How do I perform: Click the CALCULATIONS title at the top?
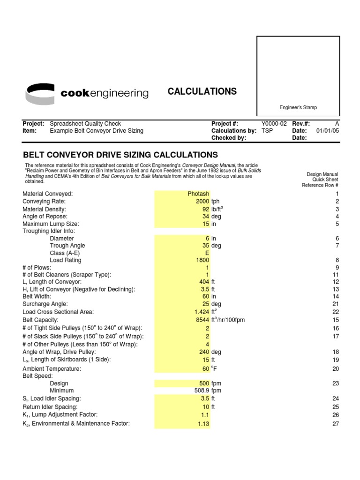[x=202, y=91]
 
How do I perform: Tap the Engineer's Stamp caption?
[x=298, y=107]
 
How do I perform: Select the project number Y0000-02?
[x=273, y=124]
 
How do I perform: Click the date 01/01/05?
[x=328, y=131]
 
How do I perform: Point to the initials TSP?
[x=267, y=131]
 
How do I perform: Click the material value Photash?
[x=198, y=194]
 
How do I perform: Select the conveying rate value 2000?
[x=202, y=201]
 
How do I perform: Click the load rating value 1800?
[x=202, y=260]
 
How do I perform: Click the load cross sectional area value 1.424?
[x=202, y=312]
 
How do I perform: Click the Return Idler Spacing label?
[x=50, y=407]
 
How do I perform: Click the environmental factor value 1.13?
[x=203, y=424]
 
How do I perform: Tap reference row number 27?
[x=335, y=424]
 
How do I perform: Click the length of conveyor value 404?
[x=204, y=282]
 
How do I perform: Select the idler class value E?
[x=207, y=253]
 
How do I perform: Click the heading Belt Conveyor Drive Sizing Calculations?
[x=120, y=155]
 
